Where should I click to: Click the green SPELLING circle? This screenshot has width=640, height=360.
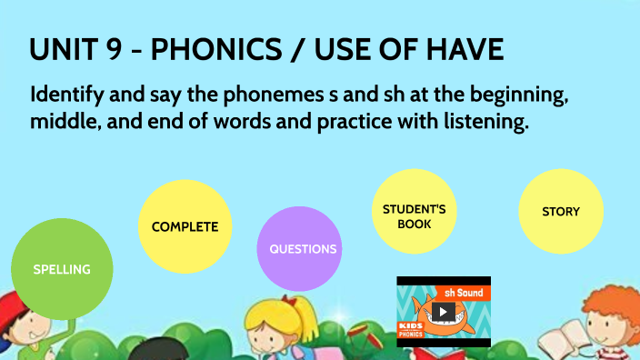(x=62, y=269)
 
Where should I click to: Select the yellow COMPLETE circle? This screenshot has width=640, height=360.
(x=185, y=226)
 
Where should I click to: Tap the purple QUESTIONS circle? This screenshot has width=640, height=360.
(x=303, y=249)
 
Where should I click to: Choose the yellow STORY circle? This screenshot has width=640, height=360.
(x=560, y=212)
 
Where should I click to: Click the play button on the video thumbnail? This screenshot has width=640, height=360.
(x=444, y=312)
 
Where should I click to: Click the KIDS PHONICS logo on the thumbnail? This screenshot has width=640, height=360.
(x=413, y=329)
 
